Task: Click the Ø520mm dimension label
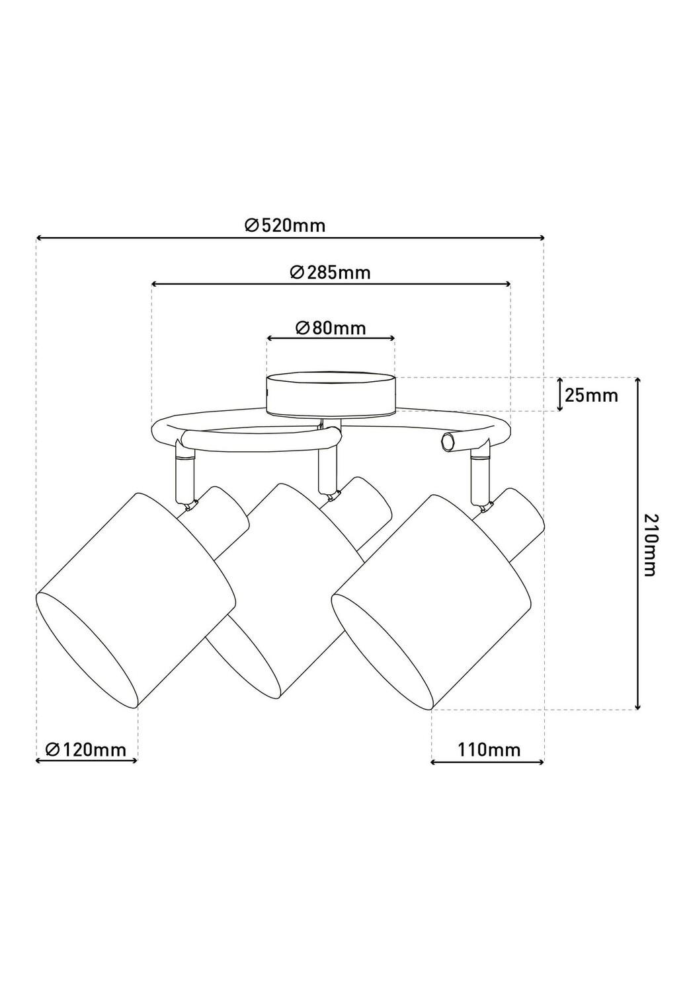pyautogui.click(x=285, y=225)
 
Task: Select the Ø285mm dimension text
pyautogui.click(x=330, y=272)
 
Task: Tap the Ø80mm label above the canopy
pyautogui.click(x=330, y=328)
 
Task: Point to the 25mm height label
pyautogui.click(x=591, y=396)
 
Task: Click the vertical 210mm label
pyautogui.click(x=651, y=544)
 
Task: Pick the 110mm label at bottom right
pyautogui.click(x=488, y=749)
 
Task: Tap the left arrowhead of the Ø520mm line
pyautogui.click(x=39, y=237)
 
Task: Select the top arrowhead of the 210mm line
pyautogui.click(x=637, y=381)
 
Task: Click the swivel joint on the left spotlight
pyautogui.click(x=190, y=505)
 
